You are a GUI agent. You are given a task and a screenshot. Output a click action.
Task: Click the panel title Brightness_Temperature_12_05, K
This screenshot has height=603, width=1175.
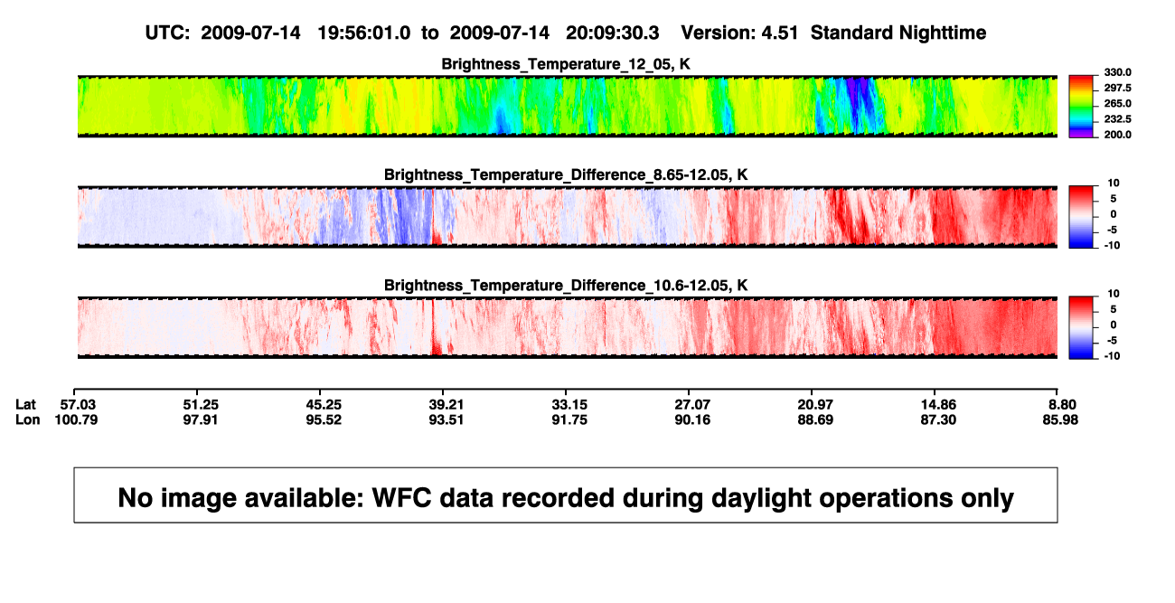pos(566,64)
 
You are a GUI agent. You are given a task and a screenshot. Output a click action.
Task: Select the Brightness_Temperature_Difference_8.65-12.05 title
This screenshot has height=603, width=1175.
pos(566,174)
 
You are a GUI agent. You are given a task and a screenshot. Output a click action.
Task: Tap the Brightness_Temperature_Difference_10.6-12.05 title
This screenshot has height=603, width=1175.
pos(566,286)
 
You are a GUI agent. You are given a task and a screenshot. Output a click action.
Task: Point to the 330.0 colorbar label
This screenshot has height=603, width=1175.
pos(1117,72)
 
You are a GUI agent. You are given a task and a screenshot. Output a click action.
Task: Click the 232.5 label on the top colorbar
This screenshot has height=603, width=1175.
pos(1117,119)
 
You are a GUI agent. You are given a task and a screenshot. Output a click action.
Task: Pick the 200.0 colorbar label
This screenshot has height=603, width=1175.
pos(1117,135)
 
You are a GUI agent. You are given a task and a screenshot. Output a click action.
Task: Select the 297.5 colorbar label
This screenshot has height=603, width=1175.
pos(1117,88)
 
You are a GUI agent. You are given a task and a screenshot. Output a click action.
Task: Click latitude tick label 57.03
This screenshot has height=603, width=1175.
pos(78,405)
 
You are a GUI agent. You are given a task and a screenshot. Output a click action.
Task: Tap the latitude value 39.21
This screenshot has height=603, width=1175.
pos(446,405)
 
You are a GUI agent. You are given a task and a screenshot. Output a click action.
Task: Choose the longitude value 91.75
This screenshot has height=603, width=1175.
pos(569,419)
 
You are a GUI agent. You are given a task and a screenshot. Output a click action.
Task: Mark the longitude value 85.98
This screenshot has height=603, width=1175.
pos(1060,419)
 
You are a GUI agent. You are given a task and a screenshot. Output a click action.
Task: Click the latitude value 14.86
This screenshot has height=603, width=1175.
pos(938,405)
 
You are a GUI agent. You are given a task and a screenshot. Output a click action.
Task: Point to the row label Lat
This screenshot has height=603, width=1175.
pos(25,405)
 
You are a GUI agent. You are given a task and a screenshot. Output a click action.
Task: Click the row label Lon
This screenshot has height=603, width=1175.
pos(28,419)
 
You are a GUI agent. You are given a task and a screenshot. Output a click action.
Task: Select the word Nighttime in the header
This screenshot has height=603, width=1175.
pos(942,33)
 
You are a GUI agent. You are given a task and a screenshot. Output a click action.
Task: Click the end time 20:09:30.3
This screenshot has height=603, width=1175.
pos(612,33)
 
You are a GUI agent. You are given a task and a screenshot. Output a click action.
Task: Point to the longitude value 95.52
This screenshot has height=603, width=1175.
pos(324,419)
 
